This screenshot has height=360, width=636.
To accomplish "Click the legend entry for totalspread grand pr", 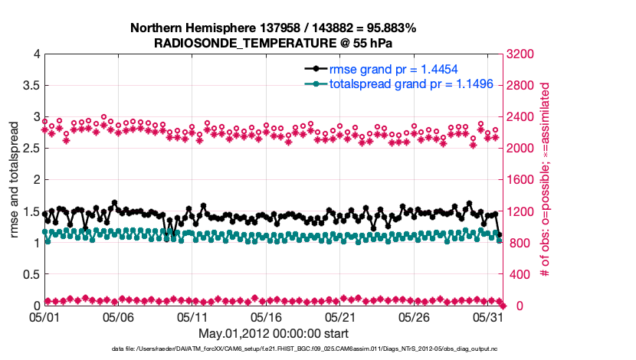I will [399, 84].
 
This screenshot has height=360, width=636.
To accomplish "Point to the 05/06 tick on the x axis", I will [119, 316].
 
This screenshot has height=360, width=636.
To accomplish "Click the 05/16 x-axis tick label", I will [267, 316].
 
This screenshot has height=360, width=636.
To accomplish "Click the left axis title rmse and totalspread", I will [15, 180].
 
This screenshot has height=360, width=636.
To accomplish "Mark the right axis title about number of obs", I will [546, 180].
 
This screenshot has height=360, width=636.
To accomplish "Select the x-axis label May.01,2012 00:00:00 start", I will [274, 333].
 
